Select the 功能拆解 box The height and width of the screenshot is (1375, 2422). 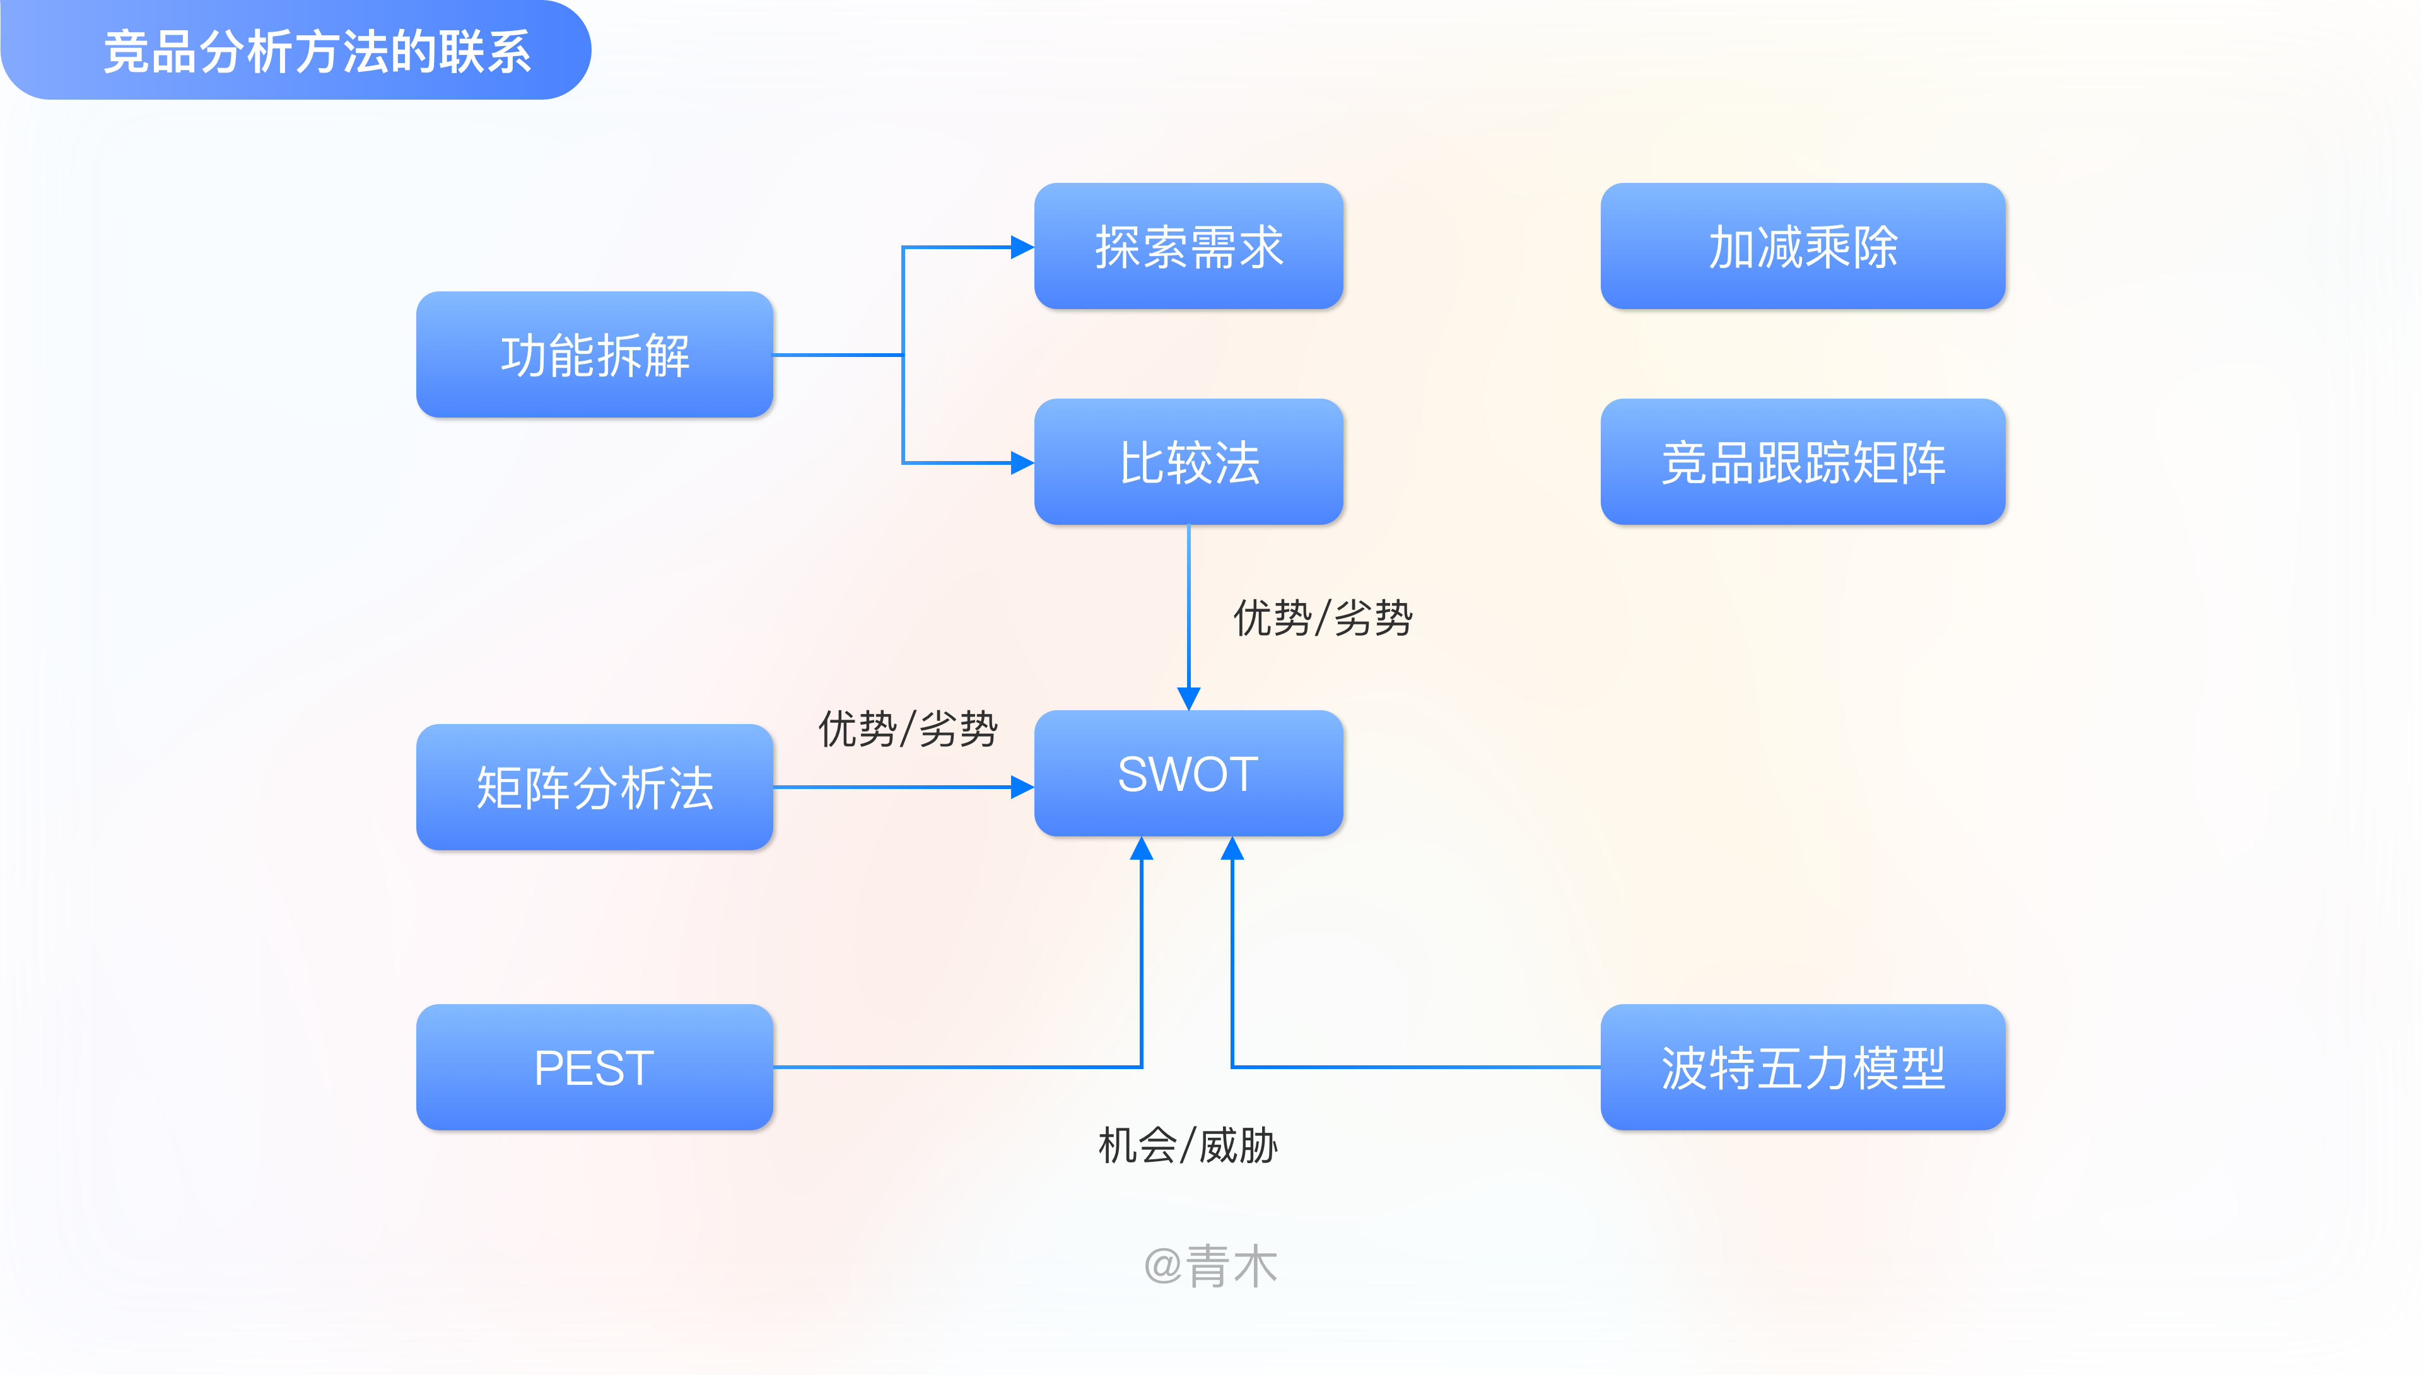point(595,355)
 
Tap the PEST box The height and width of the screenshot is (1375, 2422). point(595,1067)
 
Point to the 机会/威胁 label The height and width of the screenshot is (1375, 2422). point(1187,1145)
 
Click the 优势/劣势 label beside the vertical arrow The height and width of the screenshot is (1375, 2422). point(1322,619)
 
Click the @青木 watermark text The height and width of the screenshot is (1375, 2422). point(1210,1265)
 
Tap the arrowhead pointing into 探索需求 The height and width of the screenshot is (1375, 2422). point(1022,247)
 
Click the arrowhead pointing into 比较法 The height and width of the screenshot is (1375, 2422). point(1022,463)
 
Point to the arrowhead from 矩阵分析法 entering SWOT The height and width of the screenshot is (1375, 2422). point(1022,787)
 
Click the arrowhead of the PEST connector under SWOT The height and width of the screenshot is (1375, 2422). point(1142,849)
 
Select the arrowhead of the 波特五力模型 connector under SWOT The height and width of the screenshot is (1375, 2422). point(1232,849)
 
